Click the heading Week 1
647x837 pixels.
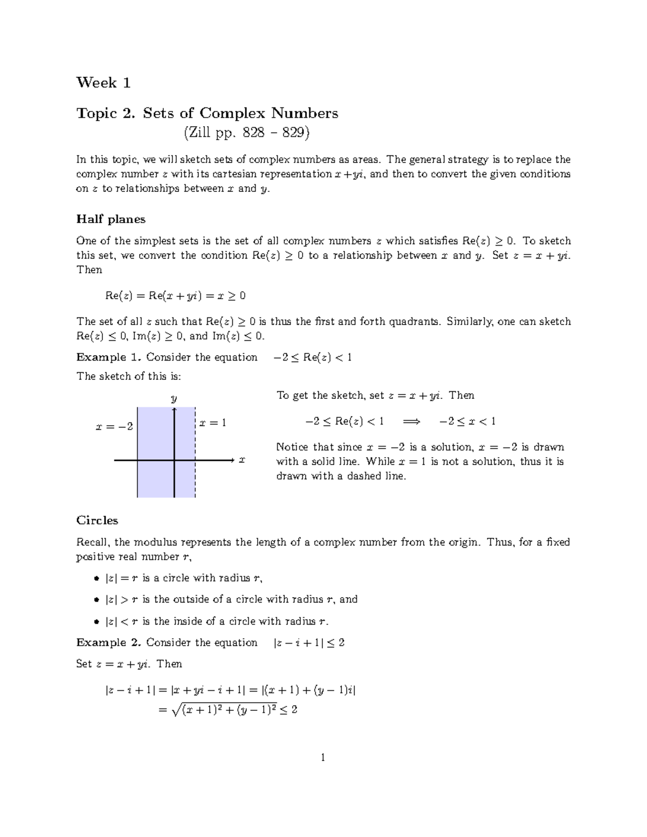[104, 82]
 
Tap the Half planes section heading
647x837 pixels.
[111, 219]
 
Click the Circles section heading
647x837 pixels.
[97, 521]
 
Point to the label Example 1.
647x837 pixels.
[108, 357]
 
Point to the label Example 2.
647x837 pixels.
[108, 642]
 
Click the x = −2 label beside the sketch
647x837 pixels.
[114, 426]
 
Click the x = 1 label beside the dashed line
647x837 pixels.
[212, 423]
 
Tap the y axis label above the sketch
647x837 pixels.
[174, 399]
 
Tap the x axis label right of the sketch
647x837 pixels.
[242, 460]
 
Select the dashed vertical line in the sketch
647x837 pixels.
[195, 474]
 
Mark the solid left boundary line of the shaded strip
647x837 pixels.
[137, 474]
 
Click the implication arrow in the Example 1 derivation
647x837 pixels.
[411, 421]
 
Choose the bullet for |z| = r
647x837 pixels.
[97, 579]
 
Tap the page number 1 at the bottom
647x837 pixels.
[323, 758]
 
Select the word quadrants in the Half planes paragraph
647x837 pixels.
[416, 322]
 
